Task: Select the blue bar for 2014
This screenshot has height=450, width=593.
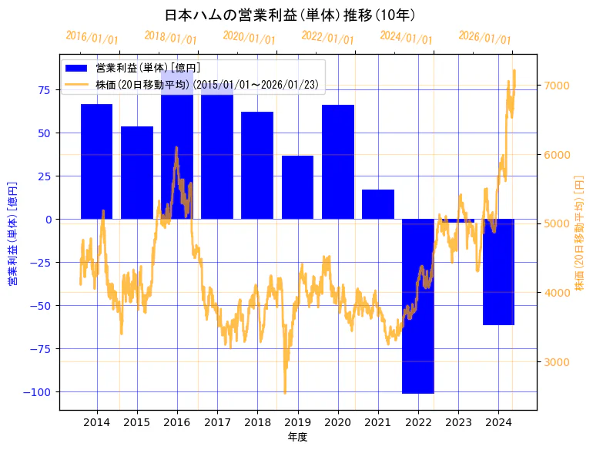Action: pos(96,161)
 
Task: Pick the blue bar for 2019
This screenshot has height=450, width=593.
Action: pos(297,187)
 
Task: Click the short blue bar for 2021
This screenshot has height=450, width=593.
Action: pos(378,204)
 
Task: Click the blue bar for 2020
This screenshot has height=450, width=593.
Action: pos(338,162)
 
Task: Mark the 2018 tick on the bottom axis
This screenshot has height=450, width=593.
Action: pos(257,421)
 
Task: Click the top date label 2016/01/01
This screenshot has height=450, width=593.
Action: pos(92,38)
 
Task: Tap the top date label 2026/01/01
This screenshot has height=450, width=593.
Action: pos(484,38)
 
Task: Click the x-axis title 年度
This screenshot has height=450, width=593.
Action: pos(297,437)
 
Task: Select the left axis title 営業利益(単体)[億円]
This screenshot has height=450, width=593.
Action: pos(12,233)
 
